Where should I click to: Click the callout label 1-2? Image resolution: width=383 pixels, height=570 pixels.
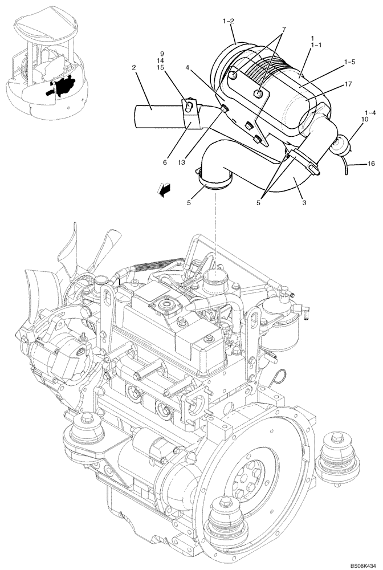click(x=228, y=22)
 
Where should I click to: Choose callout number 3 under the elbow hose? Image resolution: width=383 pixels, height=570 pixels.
click(x=305, y=202)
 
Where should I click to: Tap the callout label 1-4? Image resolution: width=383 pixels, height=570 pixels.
click(x=371, y=112)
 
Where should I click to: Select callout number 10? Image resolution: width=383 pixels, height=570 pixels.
click(x=364, y=120)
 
